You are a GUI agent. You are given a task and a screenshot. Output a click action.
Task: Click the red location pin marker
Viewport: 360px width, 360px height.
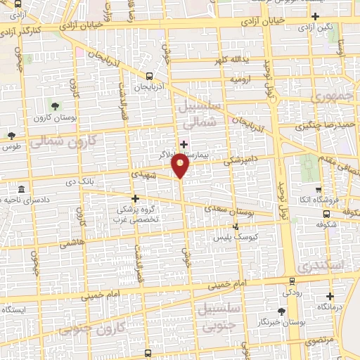click(x=181, y=165)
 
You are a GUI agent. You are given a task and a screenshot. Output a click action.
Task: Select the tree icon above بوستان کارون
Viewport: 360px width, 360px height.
click(x=55, y=105)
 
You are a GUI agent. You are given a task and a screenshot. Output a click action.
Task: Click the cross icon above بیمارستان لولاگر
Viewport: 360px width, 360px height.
click(x=184, y=144)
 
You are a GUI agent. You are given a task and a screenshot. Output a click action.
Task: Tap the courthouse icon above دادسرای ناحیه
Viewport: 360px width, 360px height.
click(x=21, y=191)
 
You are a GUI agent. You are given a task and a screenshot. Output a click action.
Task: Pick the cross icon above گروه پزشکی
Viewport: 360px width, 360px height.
click(x=135, y=199)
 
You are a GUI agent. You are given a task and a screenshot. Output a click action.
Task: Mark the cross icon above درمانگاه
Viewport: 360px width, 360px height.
click(x=330, y=296)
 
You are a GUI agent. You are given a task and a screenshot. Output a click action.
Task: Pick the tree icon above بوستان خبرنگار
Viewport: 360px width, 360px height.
click(x=282, y=311)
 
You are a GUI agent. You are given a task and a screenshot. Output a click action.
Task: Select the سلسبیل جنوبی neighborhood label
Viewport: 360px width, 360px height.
click(x=222, y=318)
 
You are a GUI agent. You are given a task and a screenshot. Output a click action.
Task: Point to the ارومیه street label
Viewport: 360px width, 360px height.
click(x=239, y=80)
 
